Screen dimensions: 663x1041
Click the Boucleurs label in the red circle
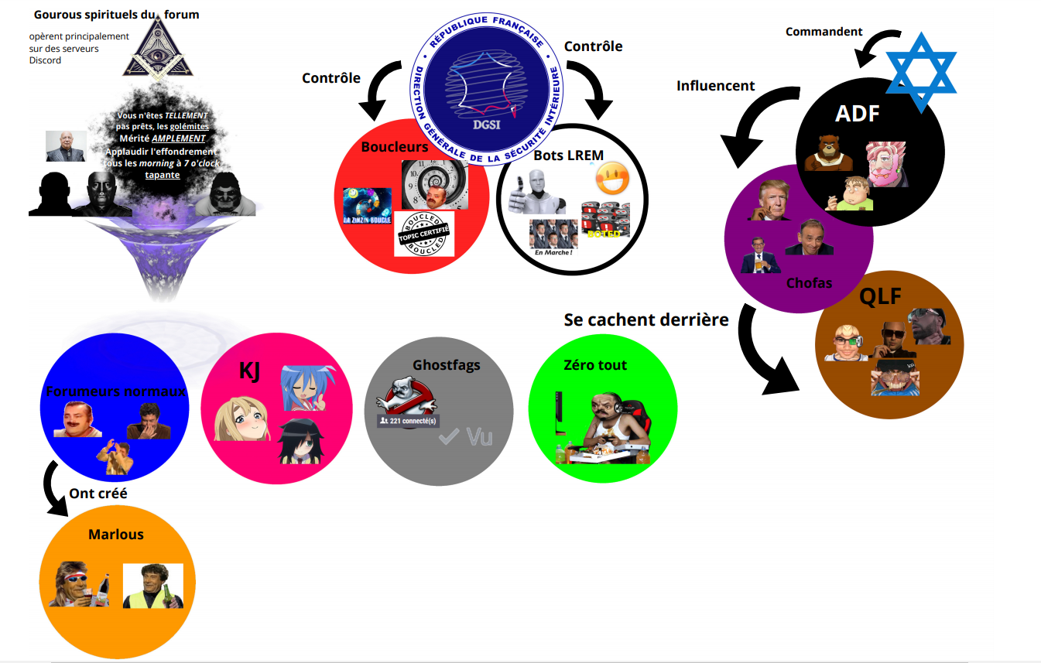[x=394, y=147]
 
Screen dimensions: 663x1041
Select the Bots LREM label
[x=568, y=155]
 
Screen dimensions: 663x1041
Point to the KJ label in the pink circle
[x=249, y=371]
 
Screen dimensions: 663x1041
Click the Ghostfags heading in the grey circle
[x=447, y=364]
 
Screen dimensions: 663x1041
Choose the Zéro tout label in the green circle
[x=596, y=364]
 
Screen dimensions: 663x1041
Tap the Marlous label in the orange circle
[x=116, y=535]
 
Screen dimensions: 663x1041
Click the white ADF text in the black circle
[x=858, y=114]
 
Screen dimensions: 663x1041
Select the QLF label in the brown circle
[x=880, y=296]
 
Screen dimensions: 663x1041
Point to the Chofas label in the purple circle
[x=809, y=282]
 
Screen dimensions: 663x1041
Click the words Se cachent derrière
[x=646, y=320]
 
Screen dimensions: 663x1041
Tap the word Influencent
[x=716, y=86]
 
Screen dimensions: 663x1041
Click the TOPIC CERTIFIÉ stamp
[x=423, y=234]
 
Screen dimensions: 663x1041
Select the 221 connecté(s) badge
[x=408, y=421]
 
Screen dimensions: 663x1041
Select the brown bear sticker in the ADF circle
[x=829, y=153]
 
